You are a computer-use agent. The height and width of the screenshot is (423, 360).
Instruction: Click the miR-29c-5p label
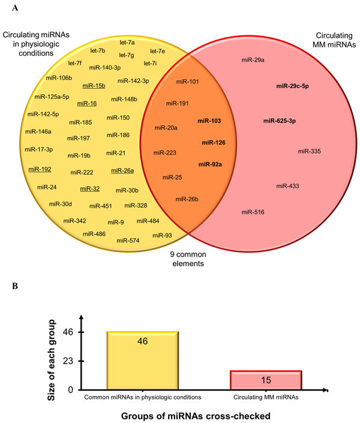292,86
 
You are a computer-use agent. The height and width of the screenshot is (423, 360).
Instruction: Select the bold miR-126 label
212,142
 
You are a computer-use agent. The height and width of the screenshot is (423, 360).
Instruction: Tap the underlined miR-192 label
40,169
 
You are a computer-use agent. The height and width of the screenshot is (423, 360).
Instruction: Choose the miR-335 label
310,151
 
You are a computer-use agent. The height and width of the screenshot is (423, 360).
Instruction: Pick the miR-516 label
252,212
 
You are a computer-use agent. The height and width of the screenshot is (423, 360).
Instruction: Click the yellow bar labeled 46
142,360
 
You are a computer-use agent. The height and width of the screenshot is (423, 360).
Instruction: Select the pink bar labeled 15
266,380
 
